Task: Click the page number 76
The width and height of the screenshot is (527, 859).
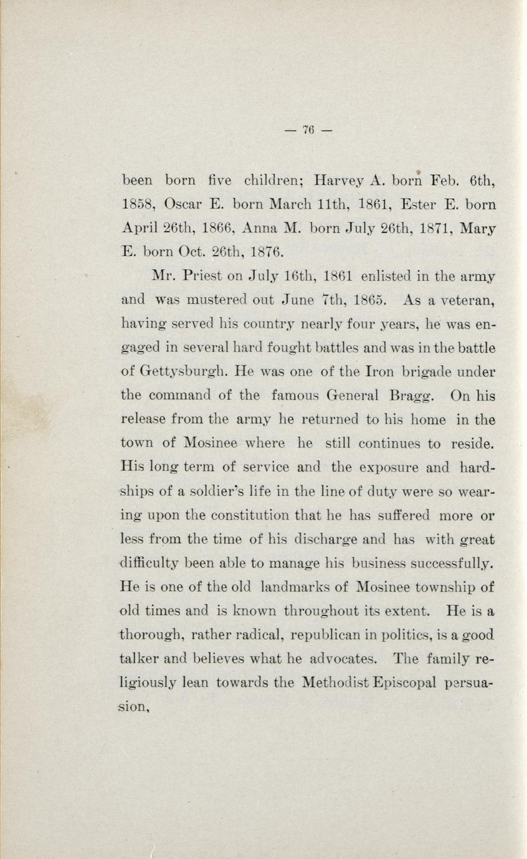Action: (x=308, y=130)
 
